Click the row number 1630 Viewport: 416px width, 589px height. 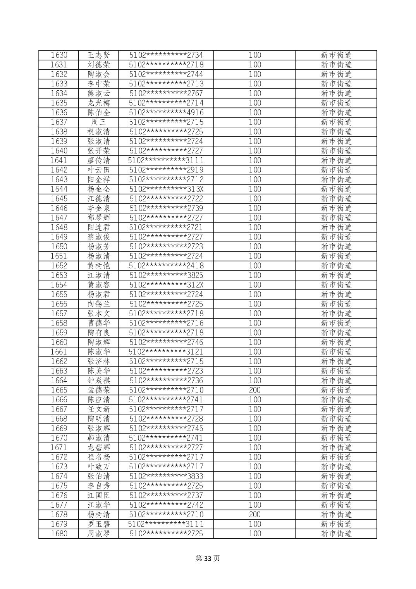click(x=59, y=55)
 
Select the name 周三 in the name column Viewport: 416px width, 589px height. click(x=99, y=122)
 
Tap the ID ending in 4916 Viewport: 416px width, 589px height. click(x=166, y=113)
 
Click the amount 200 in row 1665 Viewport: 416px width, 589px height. click(x=254, y=390)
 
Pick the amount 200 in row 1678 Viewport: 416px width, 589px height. click(x=254, y=515)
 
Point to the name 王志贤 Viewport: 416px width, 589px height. click(x=99, y=55)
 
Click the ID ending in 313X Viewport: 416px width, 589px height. click(x=166, y=189)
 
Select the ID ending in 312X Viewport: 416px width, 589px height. click(x=166, y=285)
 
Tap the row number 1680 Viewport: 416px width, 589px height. click(x=59, y=534)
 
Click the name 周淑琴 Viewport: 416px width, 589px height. click(x=99, y=534)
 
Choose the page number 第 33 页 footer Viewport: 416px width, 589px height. click(x=208, y=558)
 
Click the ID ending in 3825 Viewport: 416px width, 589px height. click(x=166, y=275)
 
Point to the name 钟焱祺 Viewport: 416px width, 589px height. click(x=99, y=381)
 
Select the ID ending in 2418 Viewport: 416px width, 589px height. click(x=166, y=266)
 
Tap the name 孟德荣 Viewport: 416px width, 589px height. click(x=99, y=390)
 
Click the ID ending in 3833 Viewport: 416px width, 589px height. click(x=166, y=476)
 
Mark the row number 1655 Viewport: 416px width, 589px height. click(x=59, y=294)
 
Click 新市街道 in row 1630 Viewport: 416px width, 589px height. click(x=336, y=55)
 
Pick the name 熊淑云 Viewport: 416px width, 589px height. click(x=99, y=93)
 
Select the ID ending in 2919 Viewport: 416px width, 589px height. click(x=166, y=170)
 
